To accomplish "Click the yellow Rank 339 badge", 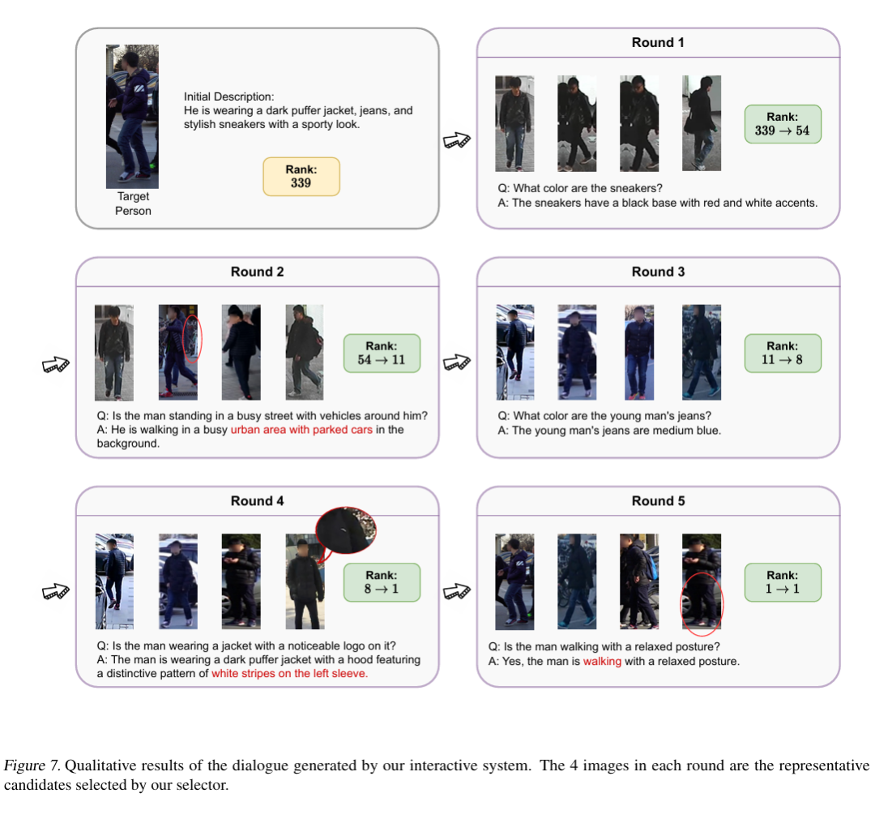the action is point(301,176).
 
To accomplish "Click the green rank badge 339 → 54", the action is point(782,124).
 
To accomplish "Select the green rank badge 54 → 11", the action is point(382,353).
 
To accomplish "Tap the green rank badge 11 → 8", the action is point(782,353).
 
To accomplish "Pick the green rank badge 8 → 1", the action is point(382,581).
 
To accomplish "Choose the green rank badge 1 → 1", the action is point(782,581).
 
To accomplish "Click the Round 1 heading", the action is point(658,42).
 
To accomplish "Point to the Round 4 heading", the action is point(258,501).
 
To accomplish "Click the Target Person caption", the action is point(133,204).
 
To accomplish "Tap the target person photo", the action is point(132,116).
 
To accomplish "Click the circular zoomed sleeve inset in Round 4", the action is point(347,535).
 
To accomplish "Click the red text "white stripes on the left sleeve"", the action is point(289,673).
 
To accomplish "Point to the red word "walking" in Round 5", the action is point(602,661).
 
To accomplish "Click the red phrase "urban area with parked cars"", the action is point(301,430).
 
